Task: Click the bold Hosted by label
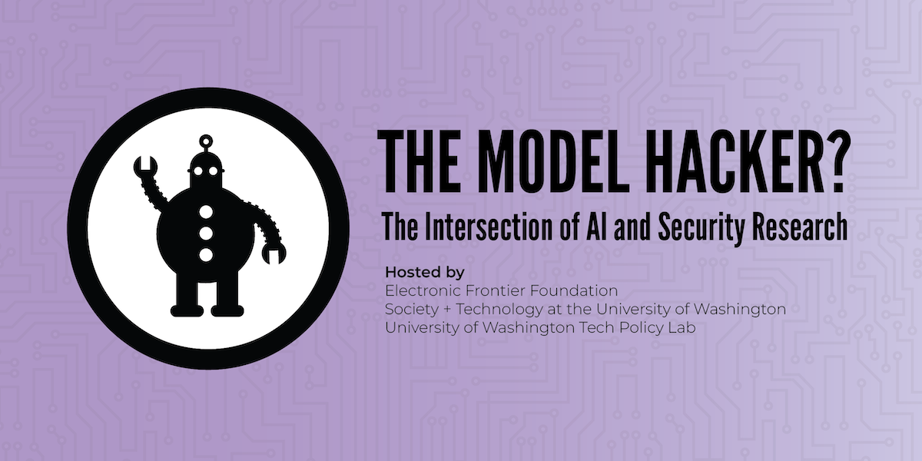click(425, 273)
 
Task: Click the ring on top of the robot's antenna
click(205, 141)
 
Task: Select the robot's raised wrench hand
click(144, 167)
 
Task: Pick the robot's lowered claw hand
click(274, 252)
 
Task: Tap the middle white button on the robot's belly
click(205, 231)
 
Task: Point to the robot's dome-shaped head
click(205, 165)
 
